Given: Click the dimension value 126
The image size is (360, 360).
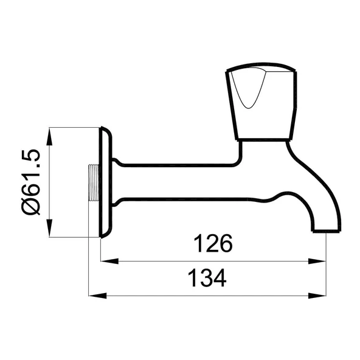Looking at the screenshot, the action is [213, 243].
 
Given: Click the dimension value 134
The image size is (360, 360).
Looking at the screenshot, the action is [207, 278].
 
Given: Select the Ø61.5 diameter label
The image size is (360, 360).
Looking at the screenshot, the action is [30, 182].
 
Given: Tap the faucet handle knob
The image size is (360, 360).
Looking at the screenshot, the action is [262, 101].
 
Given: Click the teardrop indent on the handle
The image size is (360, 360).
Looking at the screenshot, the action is [249, 87].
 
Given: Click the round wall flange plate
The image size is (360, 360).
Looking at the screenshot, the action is [106, 182].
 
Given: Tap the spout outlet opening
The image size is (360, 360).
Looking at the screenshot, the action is [326, 230].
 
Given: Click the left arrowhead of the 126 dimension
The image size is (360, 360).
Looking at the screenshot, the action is [109, 261].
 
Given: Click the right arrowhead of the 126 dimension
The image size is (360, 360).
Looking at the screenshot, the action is [317, 261].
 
